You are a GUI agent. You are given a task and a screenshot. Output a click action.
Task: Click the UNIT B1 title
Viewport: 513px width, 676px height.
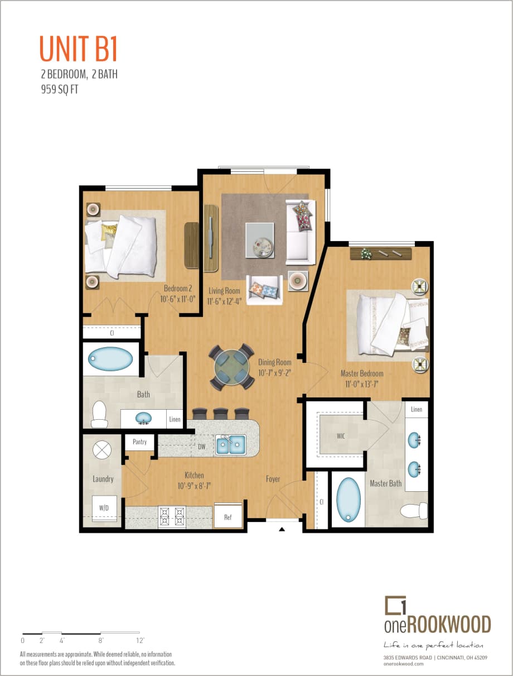point(79,49)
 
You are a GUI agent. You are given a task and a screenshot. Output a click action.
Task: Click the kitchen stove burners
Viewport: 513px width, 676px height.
point(172,516)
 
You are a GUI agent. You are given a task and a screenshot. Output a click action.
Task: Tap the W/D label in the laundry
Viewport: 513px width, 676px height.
point(104,508)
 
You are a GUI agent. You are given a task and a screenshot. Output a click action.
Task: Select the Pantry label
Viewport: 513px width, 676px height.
point(139,442)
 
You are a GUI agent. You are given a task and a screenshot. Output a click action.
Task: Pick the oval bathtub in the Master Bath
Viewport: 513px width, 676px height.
point(349,498)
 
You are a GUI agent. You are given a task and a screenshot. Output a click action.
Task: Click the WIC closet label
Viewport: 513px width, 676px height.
point(341,436)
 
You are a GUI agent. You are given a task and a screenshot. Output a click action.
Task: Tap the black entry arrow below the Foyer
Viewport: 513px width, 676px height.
point(282,529)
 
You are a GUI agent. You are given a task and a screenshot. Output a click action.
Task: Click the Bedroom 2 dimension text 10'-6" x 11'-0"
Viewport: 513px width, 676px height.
point(177,299)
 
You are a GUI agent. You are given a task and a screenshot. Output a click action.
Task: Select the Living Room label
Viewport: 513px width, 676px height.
point(225,291)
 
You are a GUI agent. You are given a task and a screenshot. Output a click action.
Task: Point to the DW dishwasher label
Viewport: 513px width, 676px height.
point(202,447)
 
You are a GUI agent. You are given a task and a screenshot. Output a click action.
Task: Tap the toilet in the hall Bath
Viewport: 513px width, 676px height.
point(100,413)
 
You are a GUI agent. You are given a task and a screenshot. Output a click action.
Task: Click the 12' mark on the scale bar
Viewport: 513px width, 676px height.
point(140,640)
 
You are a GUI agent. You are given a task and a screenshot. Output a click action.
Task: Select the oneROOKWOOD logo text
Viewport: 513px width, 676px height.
point(438,624)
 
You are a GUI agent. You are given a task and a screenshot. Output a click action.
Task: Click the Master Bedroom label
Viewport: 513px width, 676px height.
point(362,373)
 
